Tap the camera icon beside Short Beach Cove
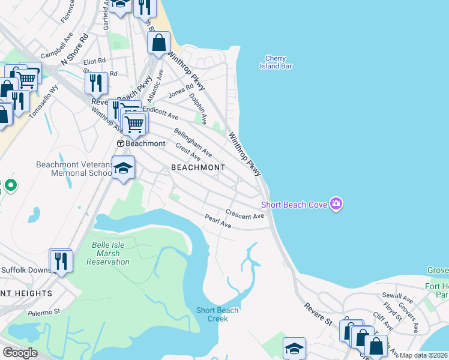click(x=336, y=205)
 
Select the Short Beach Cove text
click(x=294, y=205)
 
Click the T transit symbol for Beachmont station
click(x=120, y=144)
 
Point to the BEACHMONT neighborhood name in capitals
click(x=197, y=168)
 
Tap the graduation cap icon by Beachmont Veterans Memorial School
click(x=123, y=169)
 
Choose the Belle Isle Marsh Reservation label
click(x=108, y=253)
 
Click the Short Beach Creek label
click(x=217, y=314)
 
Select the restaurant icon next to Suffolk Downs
click(x=61, y=260)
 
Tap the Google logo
click(x=20, y=353)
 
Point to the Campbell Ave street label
click(x=53, y=48)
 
